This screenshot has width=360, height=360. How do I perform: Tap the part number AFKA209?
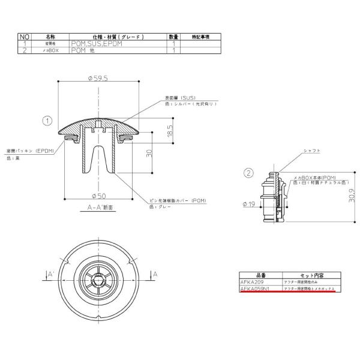252,281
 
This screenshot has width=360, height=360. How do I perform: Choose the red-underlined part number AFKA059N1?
254,289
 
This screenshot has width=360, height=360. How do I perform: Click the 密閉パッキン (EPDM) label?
30,151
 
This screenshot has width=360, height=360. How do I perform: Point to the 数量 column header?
173,37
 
